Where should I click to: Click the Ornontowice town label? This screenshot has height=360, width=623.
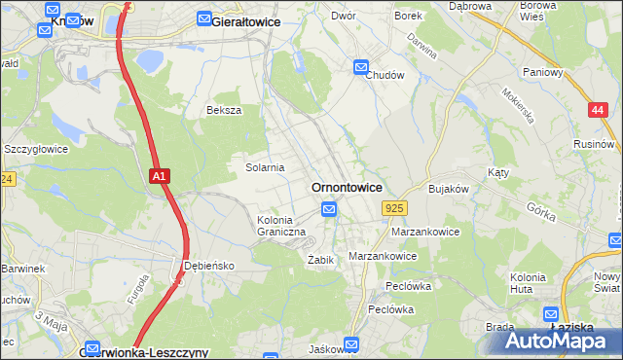pos(346,187)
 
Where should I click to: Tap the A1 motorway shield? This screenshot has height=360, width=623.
pos(161,176)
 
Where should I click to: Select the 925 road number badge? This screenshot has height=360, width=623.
pos(394,208)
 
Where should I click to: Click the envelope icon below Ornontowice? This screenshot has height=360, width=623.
pos(329,209)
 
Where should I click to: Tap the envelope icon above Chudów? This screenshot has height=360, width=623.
pos(361,67)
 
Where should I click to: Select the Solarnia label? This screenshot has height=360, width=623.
pos(265,167)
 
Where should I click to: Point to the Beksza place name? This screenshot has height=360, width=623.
pos(223,110)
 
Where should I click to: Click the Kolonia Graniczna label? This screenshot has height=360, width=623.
pos(281,227)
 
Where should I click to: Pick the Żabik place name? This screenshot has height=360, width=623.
pos(321,260)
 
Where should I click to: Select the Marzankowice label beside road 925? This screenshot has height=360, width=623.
pos(424,233)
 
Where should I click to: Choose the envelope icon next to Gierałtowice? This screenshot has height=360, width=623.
pos(204,18)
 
